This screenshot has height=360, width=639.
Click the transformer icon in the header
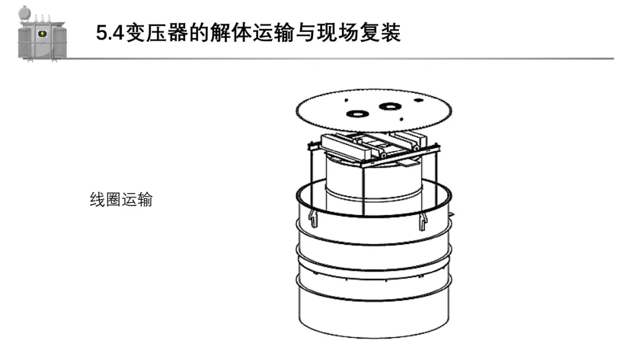41,34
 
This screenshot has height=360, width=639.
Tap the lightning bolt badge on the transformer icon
42,34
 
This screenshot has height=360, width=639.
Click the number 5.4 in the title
109,33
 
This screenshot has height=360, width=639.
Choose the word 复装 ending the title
385,33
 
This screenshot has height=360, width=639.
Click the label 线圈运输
121,200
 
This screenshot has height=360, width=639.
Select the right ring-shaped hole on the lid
389,107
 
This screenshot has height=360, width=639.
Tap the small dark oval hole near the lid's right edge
418,101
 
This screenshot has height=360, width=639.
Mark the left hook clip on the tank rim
313,220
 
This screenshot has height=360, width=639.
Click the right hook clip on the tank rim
422,221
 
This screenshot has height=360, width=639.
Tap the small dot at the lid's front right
403,120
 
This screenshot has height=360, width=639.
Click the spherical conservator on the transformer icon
24,13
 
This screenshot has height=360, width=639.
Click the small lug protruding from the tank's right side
451,213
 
